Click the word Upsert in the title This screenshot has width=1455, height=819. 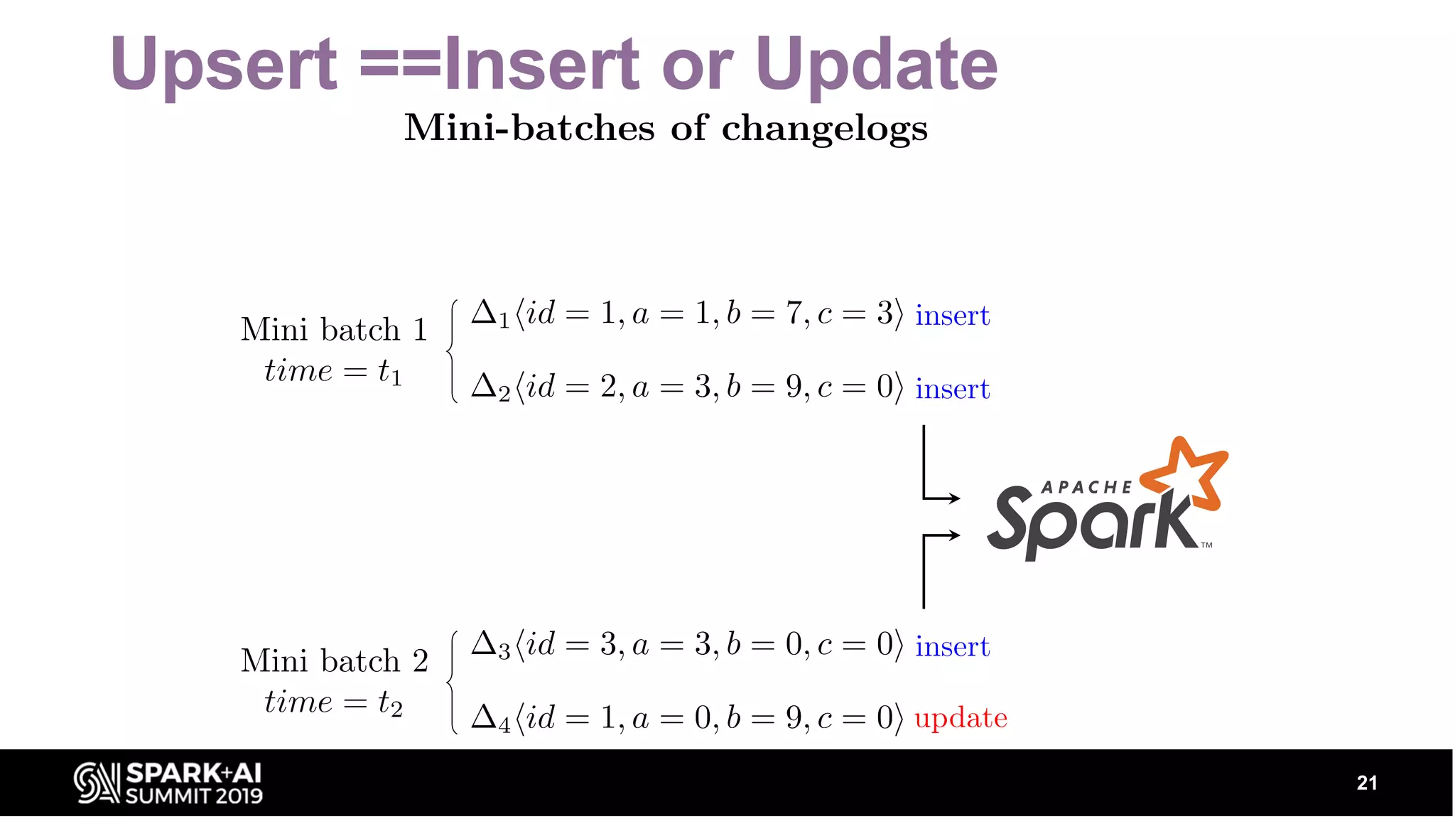tap(223, 65)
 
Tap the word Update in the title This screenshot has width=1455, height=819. tap(876, 65)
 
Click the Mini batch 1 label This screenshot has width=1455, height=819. tap(334, 330)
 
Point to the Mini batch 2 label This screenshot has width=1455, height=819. tap(334, 661)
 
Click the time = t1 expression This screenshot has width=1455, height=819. tap(332, 371)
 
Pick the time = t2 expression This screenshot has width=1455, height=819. tap(332, 702)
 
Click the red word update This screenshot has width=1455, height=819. tap(961, 718)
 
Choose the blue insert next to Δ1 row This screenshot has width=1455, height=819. tap(952, 316)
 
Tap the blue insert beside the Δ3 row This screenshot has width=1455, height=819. tap(952, 647)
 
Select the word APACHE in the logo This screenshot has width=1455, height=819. tap(1086, 488)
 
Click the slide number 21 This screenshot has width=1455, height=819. tap(1367, 783)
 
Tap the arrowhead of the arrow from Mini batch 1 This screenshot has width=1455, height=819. tap(955, 498)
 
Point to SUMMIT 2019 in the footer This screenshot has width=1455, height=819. tap(194, 796)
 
